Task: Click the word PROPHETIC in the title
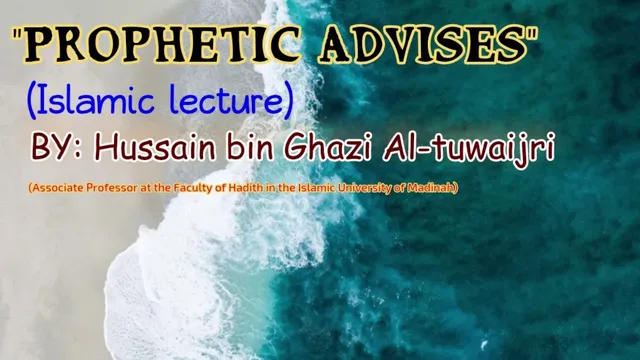(x=162, y=45)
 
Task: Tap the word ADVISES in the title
(x=424, y=45)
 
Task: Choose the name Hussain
(x=155, y=147)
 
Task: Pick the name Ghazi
(x=328, y=147)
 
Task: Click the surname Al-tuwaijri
(x=469, y=149)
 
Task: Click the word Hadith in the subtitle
(x=240, y=188)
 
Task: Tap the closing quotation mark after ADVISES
(x=533, y=34)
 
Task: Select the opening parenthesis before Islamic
(x=31, y=100)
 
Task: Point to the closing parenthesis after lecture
(x=288, y=100)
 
